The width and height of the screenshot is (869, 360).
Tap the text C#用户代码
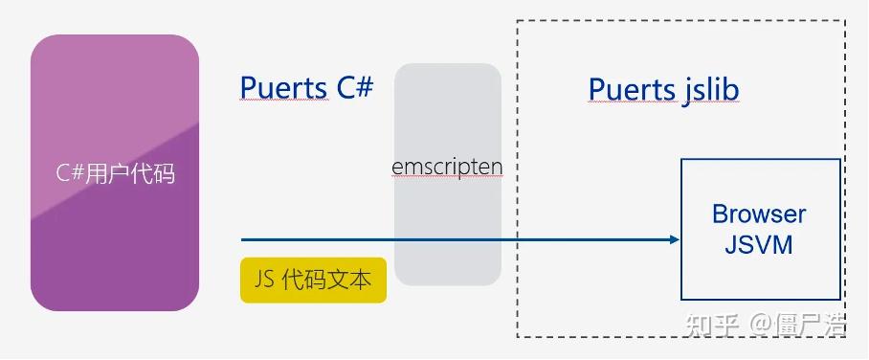pyautogui.click(x=115, y=173)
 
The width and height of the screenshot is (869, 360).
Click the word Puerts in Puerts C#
pyautogui.click(x=284, y=88)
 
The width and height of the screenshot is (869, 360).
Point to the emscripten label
pyautogui.click(x=447, y=167)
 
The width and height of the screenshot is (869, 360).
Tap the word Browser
pyautogui.click(x=759, y=214)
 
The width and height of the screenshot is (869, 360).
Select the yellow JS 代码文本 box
pyautogui.click(x=313, y=280)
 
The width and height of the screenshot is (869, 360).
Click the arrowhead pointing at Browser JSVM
pyautogui.click(x=672, y=239)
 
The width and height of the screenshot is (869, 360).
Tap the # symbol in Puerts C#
pyautogui.click(x=363, y=87)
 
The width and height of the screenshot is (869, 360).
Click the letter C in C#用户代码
pyautogui.click(x=62, y=173)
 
